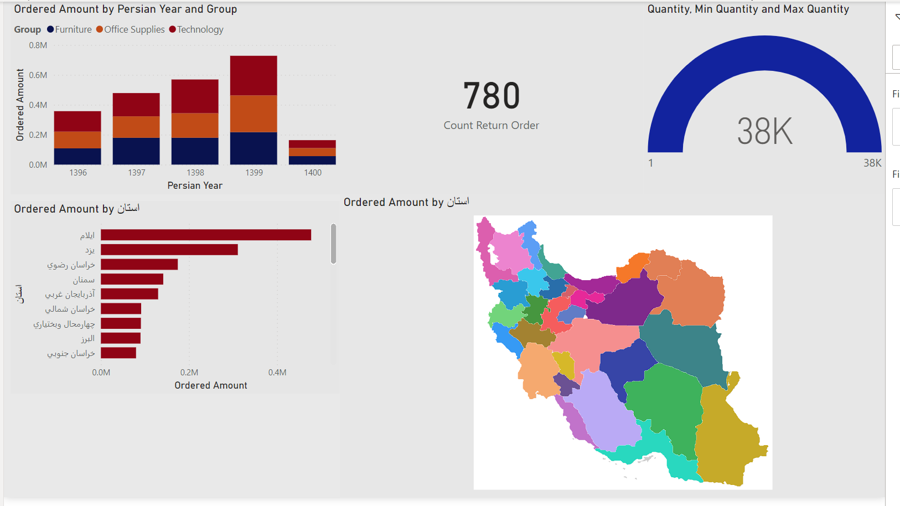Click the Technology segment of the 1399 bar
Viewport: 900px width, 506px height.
(x=254, y=75)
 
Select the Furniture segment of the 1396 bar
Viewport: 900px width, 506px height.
(x=77, y=156)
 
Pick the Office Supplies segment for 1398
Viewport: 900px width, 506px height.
(x=195, y=125)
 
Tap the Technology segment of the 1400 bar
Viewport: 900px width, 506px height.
(x=312, y=144)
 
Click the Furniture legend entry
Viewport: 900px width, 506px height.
(x=70, y=29)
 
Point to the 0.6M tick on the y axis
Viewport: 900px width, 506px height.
(x=38, y=75)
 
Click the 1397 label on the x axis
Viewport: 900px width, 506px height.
(x=137, y=173)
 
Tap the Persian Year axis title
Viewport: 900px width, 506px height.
(x=195, y=185)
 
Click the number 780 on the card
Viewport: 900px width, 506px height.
(x=492, y=96)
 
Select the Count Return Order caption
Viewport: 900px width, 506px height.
(x=492, y=126)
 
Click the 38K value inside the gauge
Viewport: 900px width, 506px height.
(x=764, y=132)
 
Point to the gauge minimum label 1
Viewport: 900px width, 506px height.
(x=651, y=163)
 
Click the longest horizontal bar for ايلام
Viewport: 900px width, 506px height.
(x=206, y=235)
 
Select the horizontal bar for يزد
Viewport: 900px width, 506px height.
(x=169, y=250)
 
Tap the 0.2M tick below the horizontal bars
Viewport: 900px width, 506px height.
(x=189, y=373)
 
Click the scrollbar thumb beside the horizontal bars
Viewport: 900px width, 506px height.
(x=333, y=244)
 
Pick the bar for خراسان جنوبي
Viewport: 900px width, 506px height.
(x=118, y=353)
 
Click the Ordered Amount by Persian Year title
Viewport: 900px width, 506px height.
(x=126, y=9)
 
